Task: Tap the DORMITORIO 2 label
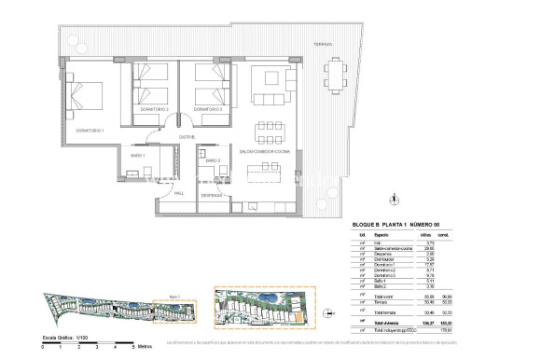(153, 109)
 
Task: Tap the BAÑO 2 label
(212, 160)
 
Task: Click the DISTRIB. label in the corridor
(186, 137)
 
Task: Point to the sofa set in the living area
(270, 89)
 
